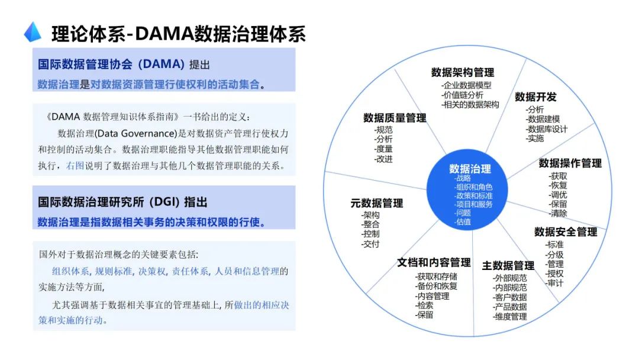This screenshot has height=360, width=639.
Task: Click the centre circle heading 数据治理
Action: pyautogui.click(x=470, y=169)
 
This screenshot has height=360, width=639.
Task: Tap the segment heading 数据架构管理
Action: pyautogui.click(x=462, y=72)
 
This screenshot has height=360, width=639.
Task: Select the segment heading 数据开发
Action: pyautogui.click(x=535, y=97)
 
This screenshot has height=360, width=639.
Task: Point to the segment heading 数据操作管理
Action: pyautogui.click(x=570, y=163)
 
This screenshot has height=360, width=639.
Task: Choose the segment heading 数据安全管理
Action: pyautogui.click(x=566, y=232)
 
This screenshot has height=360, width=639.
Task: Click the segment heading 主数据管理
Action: pyautogui.click(x=508, y=265)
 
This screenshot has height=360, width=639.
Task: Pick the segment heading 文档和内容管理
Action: pyautogui.click(x=434, y=262)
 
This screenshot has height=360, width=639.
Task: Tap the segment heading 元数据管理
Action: pyautogui.click(x=376, y=203)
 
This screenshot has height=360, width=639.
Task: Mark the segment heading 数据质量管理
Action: pyautogui.click(x=395, y=118)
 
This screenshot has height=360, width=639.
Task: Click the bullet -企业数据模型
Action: pyautogui.click(x=466, y=85)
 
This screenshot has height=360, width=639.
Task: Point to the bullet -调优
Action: pyautogui.click(x=558, y=195)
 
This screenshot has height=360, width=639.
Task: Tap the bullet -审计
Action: pyautogui.click(x=554, y=283)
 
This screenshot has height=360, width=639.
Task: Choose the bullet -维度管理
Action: pyautogui.click(x=509, y=316)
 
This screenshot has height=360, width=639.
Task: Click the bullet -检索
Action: pyautogui.click(x=424, y=306)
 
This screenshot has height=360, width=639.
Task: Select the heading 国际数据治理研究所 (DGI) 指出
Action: pyautogui.click(x=123, y=202)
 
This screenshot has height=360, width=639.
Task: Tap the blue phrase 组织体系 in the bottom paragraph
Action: pyautogui.click(x=70, y=271)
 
